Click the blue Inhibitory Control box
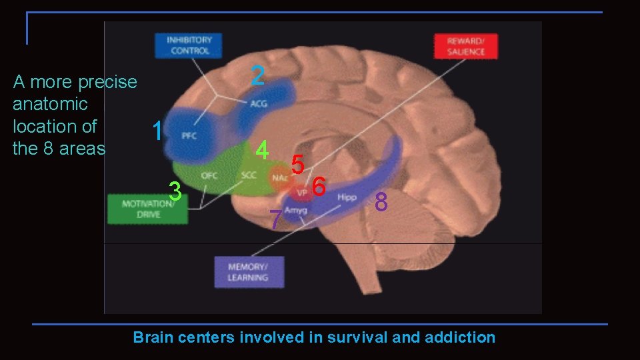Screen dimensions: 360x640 [x=190, y=45]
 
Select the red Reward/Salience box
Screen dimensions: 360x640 [x=466, y=46]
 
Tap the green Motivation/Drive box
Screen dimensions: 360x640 [x=147, y=209]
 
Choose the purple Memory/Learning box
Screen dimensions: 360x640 [x=249, y=272]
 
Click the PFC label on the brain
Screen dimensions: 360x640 [x=189, y=135]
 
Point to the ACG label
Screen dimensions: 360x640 [x=259, y=103]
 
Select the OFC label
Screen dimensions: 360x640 [x=209, y=176]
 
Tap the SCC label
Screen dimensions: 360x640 [x=249, y=176]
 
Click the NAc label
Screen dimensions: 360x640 [x=279, y=178]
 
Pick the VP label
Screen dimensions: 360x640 [x=302, y=192]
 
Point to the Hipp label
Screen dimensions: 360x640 [x=347, y=197]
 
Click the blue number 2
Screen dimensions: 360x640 [x=258, y=75]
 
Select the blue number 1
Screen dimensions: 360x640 [x=157, y=131]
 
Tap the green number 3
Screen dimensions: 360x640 [x=175, y=191]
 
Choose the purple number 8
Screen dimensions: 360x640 [x=381, y=201]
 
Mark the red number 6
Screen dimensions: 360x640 [x=319, y=187]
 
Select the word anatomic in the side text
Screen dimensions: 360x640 [x=50, y=104]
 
